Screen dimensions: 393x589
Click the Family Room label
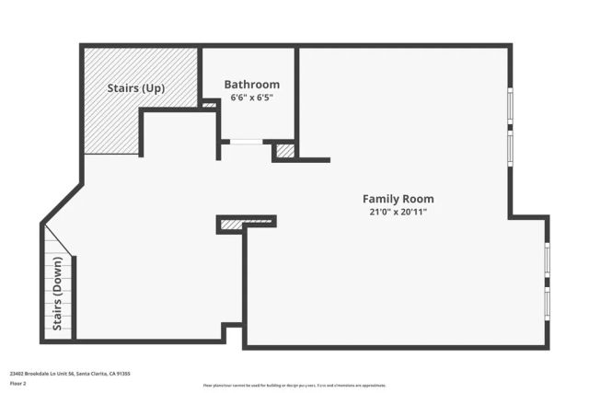[x=398, y=199]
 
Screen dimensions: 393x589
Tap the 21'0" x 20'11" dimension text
[x=398, y=212]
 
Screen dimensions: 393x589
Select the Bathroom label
[x=251, y=85]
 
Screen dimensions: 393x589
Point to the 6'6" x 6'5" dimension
[x=251, y=97]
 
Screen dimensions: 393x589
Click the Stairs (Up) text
[x=135, y=88]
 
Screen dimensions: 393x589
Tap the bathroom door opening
[x=246, y=141]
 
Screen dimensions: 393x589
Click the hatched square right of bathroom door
[x=285, y=150]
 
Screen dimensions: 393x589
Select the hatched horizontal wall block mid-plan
[x=247, y=222]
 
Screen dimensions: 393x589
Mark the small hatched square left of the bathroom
[x=209, y=105]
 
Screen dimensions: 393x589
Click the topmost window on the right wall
[x=511, y=105]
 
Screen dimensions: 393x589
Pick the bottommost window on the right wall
[x=547, y=303]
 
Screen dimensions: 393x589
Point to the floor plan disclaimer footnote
[x=294, y=386]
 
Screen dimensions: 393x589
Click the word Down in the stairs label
[x=57, y=286]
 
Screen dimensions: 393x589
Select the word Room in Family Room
[x=418, y=199]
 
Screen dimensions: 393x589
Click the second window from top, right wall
[x=511, y=147]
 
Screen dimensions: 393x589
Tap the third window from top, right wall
[x=547, y=259]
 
